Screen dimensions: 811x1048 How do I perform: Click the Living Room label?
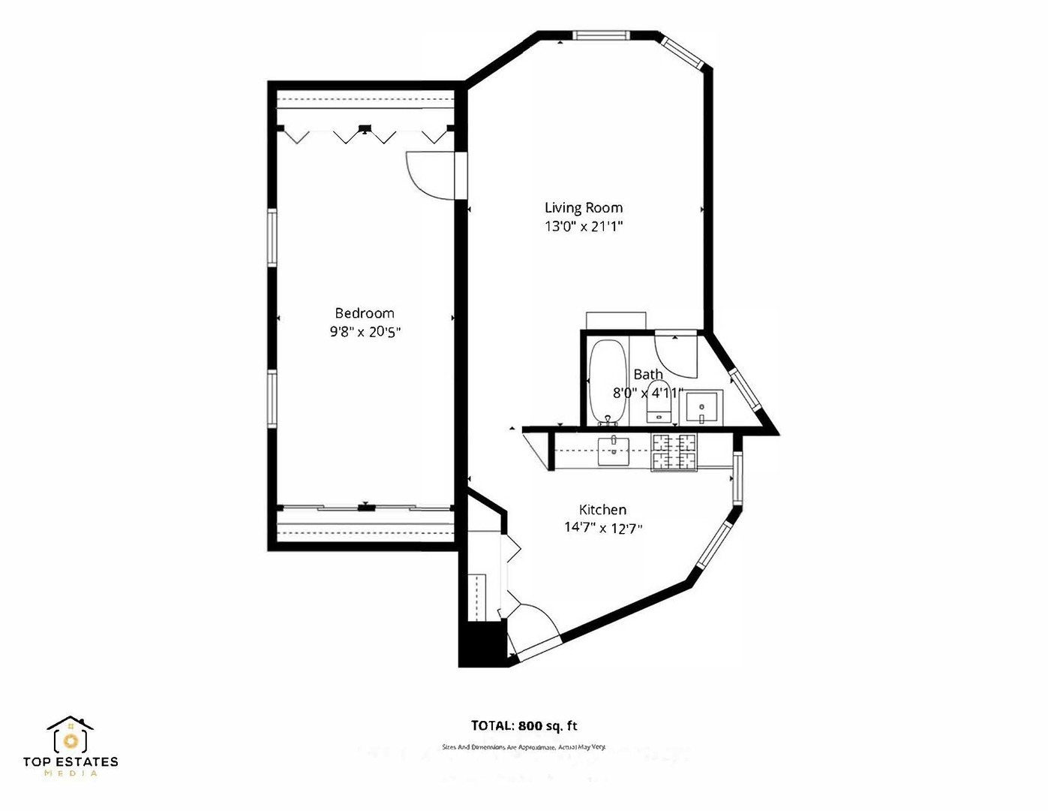tap(583, 208)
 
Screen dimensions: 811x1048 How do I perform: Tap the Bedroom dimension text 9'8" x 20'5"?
tap(365, 332)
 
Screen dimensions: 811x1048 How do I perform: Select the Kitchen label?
tap(602, 510)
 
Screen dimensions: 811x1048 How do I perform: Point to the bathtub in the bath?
tap(607, 381)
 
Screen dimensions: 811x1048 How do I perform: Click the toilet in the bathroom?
tap(659, 402)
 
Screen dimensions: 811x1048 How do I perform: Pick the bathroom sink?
tap(702, 408)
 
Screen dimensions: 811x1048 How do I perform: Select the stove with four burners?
tap(674, 452)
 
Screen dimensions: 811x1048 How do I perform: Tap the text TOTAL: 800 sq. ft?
tap(524, 725)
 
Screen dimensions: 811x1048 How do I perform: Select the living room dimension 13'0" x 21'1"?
tap(584, 226)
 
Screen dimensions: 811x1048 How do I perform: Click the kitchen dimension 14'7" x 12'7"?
tap(603, 528)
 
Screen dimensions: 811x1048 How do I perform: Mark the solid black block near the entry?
tap(482, 644)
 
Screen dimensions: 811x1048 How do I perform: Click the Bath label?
tap(648, 374)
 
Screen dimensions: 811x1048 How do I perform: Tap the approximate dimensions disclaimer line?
tap(524, 747)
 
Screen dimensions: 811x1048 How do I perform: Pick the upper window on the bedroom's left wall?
tap(272, 237)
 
